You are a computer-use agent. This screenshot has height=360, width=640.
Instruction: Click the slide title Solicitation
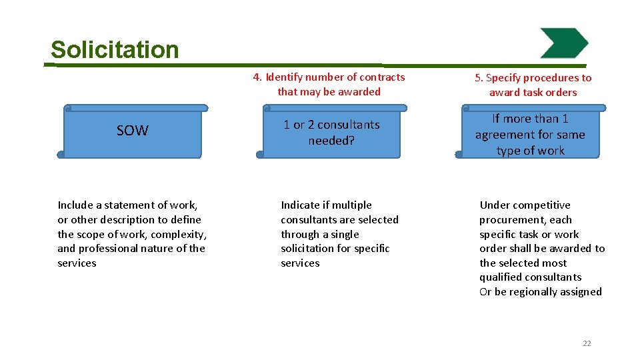tap(115, 50)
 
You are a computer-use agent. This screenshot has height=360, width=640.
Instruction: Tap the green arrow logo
tap(564, 43)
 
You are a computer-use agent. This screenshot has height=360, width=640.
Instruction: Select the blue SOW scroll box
tap(132, 131)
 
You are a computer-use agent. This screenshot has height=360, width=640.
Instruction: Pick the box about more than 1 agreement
tap(530, 135)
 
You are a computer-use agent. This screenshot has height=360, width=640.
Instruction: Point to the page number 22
tap(587, 343)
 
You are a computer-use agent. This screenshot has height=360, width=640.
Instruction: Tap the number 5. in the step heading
tap(479, 78)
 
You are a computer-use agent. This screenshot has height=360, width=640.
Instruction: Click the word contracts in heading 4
tap(382, 77)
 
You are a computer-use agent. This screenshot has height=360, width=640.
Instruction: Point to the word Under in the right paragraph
tap(493, 205)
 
